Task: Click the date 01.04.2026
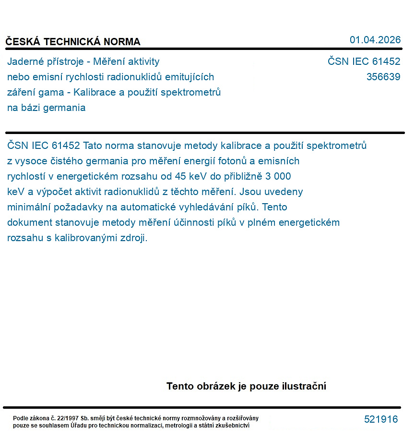coord(375,40)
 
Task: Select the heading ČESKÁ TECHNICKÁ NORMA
coord(73,42)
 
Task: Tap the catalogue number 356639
coord(383,77)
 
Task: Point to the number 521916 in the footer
coord(381,419)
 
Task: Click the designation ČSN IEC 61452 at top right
coord(364,61)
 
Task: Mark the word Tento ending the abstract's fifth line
coord(275,207)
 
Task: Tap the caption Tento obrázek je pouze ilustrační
coord(246,386)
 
